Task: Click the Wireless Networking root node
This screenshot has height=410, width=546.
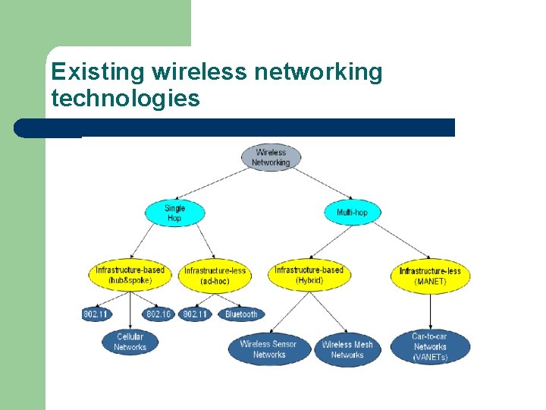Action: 271,157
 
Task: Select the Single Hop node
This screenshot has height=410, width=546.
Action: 174,213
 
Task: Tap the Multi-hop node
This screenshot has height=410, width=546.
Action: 352,212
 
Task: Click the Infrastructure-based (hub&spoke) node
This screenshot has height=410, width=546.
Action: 130,275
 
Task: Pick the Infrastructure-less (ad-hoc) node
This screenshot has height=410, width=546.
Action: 215,276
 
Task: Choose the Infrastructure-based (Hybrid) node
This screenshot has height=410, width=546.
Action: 309,275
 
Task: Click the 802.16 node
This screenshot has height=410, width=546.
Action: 158,314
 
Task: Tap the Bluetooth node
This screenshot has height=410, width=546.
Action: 241,314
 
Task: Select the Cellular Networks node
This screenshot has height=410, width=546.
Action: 130,342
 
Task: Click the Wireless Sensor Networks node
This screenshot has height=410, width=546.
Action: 269,349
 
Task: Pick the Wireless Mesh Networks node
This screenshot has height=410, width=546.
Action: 347,349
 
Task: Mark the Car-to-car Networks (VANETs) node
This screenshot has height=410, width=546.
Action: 430,347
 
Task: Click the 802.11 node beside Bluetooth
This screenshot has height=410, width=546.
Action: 196,314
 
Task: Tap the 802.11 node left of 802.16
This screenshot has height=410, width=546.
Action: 96,314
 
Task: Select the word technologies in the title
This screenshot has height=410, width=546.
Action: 125,98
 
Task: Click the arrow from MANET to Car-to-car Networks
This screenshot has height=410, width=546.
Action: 430,311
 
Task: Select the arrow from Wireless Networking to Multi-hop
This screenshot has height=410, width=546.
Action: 312,184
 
